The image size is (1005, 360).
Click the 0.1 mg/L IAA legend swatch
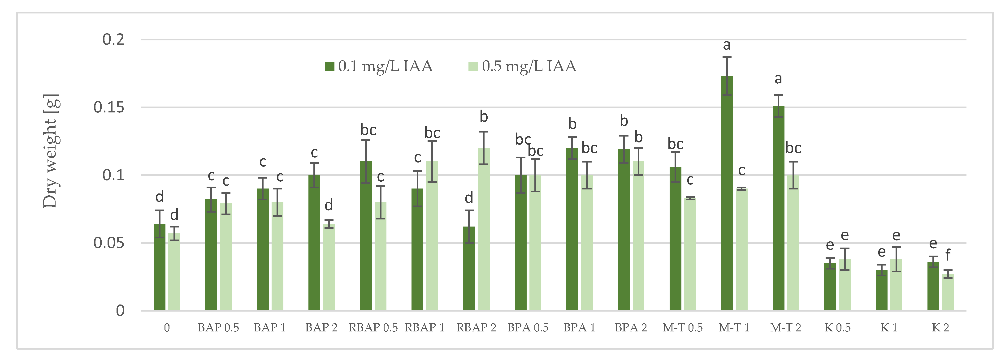click(x=329, y=66)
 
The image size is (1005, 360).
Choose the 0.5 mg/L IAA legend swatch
click(x=473, y=66)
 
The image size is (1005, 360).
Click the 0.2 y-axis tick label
click(x=113, y=39)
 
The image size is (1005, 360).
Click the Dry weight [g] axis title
click(x=51, y=151)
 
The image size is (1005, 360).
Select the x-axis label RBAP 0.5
click(x=373, y=328)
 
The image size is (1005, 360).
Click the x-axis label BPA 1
click(x=579, y=328)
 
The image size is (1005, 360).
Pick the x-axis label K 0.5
click(x=837, y=328)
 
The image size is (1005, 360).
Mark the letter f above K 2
click(x=948, y=255)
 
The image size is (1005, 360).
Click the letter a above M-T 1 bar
click(x=726, y=45)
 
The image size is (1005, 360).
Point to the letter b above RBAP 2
click(x=484, y=117)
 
